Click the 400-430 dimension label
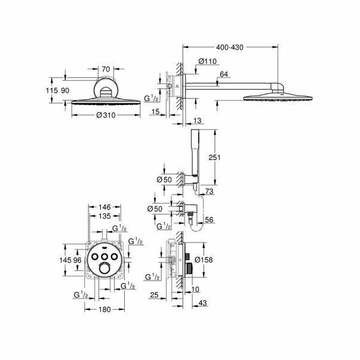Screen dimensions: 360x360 coord(229,46)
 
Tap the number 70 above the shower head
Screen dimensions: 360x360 coord(106,69)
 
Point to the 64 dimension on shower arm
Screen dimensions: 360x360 coord(224,74)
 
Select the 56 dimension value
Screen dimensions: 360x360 coord(209,220)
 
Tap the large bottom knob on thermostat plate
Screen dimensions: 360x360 coord(106,269)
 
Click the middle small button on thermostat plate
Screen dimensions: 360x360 coord(106,256)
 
